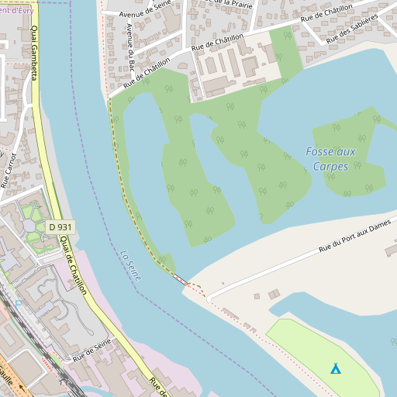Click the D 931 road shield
(60, 226)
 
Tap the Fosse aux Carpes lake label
(330, 159)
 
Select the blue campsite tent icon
(335, 368)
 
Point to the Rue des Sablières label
(352, 29)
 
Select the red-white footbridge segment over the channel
(179, 278)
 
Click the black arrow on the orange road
(22, 385)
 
